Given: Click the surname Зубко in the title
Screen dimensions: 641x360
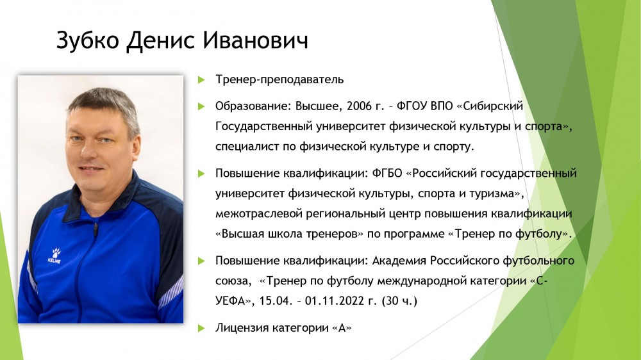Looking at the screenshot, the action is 87,40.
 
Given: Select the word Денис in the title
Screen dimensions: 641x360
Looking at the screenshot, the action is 161,41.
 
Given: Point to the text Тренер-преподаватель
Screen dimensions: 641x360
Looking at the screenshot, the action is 279,79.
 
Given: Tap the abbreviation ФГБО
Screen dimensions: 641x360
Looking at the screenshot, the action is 387,173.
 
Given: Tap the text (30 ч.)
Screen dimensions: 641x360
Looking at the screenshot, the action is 399,301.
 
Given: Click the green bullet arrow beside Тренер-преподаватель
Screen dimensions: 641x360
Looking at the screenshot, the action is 201,79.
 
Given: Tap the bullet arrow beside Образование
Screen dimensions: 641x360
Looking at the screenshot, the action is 201,106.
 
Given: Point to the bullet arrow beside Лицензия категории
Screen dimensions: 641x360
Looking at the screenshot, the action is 201,328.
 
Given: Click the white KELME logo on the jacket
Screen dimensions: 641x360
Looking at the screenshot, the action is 54,256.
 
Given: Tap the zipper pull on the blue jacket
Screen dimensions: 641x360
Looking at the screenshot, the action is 96,229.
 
